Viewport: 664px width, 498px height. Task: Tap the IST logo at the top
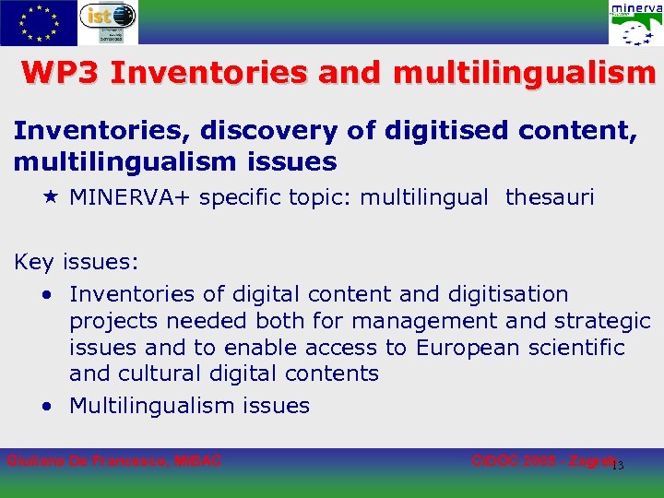(108, 23)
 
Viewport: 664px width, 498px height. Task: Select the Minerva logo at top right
(634, 23)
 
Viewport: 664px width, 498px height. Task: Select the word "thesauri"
(551, 196)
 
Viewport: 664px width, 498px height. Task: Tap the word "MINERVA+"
(132, 196)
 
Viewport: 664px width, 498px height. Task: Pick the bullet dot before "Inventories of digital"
(46, 295)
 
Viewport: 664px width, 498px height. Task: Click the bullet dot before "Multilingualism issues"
(46, 407)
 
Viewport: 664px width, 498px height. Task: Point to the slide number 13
(618, 465)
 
